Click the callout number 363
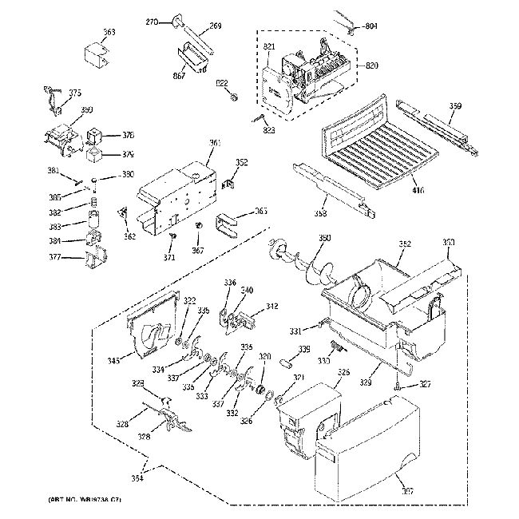[109, 32]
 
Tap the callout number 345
[115, 361]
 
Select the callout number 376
[128, 135]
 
